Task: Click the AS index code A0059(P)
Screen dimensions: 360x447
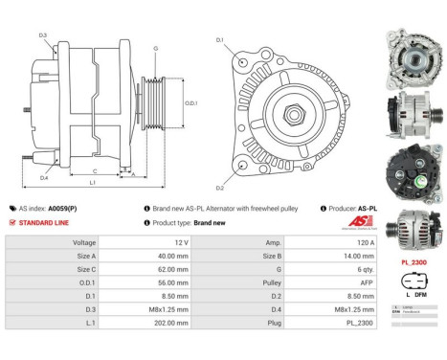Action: [65, 208]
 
